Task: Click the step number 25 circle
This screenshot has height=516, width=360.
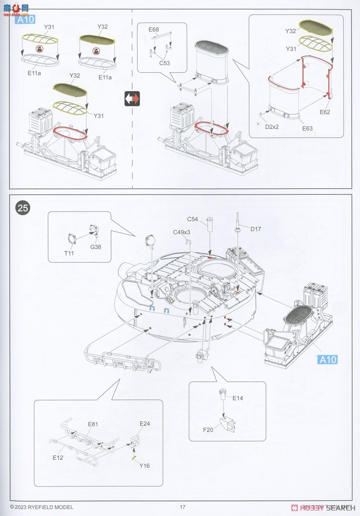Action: (x=23, y=208)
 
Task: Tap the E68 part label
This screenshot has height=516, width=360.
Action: (x=154, y=30)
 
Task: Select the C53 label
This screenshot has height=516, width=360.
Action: (x=164, y=63)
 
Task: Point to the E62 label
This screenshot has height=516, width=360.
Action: (x=325, y=112)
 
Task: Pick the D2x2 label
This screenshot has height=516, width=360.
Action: (x=272, y=127)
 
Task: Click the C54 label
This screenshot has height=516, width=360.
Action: (x=192, y=219)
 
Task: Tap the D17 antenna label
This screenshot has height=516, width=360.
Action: (x=255, y=229)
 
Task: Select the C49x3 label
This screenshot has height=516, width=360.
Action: (x=182, y=232)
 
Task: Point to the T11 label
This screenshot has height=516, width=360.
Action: (x=69, y=253)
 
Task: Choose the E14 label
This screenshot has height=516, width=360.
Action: (x=237, y=398)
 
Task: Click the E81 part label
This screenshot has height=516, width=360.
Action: (x=93, y=424)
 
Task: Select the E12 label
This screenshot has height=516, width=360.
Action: (x=58, y=458)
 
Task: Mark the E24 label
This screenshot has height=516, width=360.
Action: (x=145, y=424)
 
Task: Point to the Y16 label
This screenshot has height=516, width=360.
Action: (x=145, y=466)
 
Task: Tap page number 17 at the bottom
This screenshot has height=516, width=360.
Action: (x=182, y=507)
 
